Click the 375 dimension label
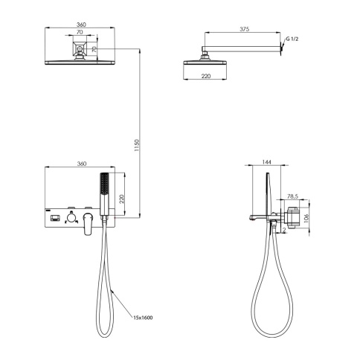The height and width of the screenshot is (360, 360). coord(244,29)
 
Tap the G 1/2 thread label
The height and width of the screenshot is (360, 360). coord(292,39)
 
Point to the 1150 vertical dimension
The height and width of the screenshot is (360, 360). coord(137,145)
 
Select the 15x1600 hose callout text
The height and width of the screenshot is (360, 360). coord(143,318)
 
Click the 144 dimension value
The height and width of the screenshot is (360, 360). coord(266,162)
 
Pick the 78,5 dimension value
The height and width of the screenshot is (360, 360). coord(292,196)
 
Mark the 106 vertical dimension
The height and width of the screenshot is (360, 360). coord(306,219)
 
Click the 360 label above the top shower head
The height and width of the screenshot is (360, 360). coord(81,25)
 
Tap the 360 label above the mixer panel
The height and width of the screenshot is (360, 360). coord(82,164)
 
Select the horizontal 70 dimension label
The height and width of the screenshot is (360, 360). coord(80,32)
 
